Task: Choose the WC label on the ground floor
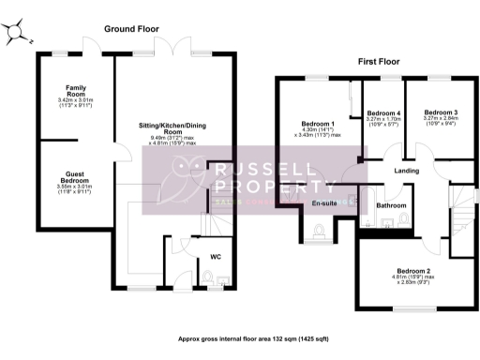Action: [x=216, y=255]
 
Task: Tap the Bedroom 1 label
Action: [x=319, y=123]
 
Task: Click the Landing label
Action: [x=406, y=171]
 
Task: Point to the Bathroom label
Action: [x=390, y=204]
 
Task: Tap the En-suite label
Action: [x=324, y=202]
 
